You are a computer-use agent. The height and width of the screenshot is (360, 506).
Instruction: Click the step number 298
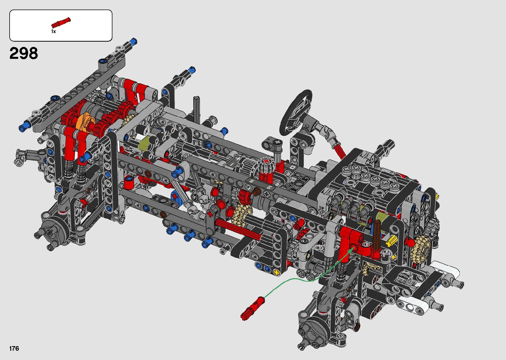tap(24, 54)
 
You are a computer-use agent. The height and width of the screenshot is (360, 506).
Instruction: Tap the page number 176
tap(14, 348)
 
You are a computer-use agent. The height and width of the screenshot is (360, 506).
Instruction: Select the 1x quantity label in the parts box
tap(54, 31)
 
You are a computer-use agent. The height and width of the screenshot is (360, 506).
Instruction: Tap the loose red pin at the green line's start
tap(253, 308)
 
